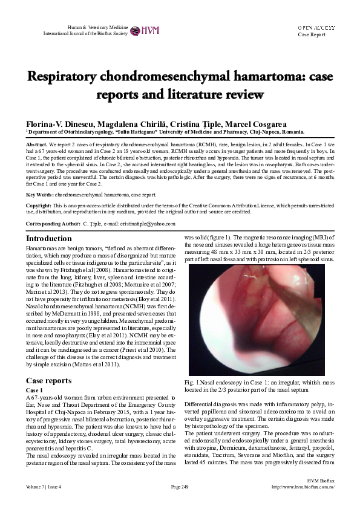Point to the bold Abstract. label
point(37,146)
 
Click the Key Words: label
point(39,195)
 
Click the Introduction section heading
point(53,239)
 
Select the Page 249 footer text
point(180,487)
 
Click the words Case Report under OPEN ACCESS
point(312,35)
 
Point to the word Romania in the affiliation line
point(291,131)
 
